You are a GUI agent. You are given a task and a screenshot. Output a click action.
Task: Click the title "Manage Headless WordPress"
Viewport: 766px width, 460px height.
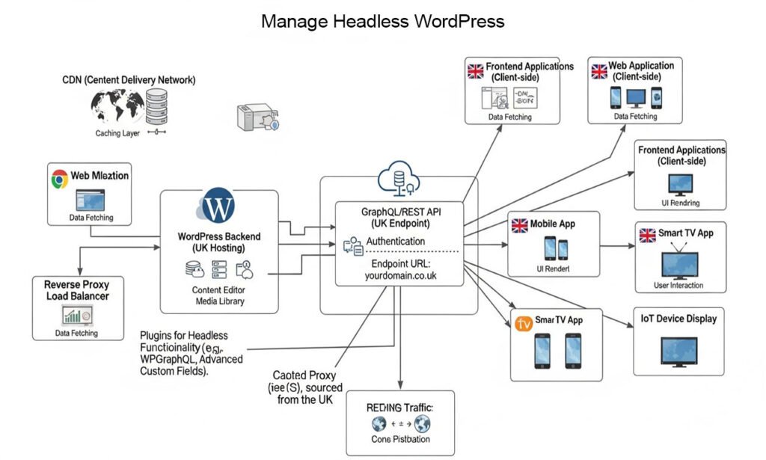[x=382, y=21]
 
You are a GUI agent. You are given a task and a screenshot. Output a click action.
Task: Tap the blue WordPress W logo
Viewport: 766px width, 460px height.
[x=218, y=206]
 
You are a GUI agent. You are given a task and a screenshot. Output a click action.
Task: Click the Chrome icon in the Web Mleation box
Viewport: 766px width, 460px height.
[x=60, y=178]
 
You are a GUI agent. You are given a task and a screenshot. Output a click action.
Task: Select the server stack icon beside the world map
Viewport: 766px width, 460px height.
[x=157, y=106]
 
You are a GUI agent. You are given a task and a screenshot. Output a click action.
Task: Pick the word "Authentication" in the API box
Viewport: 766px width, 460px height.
[x=395, y=242]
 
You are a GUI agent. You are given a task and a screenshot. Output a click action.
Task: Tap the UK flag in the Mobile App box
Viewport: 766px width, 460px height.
[x=518, y=224]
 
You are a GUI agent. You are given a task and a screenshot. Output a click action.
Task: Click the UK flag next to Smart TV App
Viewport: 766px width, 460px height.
[x=647, y=234]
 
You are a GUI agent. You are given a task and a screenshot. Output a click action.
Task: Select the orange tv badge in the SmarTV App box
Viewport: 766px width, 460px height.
[x=524, y=324]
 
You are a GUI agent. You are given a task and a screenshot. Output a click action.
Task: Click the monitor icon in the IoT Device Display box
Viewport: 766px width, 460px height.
[x=679, y=350]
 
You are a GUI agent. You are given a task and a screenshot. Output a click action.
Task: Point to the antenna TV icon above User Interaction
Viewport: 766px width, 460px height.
[x=679, y=262]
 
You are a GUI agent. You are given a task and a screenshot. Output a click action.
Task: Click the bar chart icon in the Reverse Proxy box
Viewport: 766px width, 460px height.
[x=73, y=315]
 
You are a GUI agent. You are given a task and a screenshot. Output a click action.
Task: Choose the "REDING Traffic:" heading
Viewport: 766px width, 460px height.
[x=399, y=408]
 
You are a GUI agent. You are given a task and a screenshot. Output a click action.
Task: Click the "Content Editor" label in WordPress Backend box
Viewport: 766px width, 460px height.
[x=218, y=290]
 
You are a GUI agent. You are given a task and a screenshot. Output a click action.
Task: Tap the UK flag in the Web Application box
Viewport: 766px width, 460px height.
[x=599, y=71]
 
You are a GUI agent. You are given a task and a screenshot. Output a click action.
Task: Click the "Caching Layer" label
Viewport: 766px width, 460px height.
[x=118, y=133]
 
